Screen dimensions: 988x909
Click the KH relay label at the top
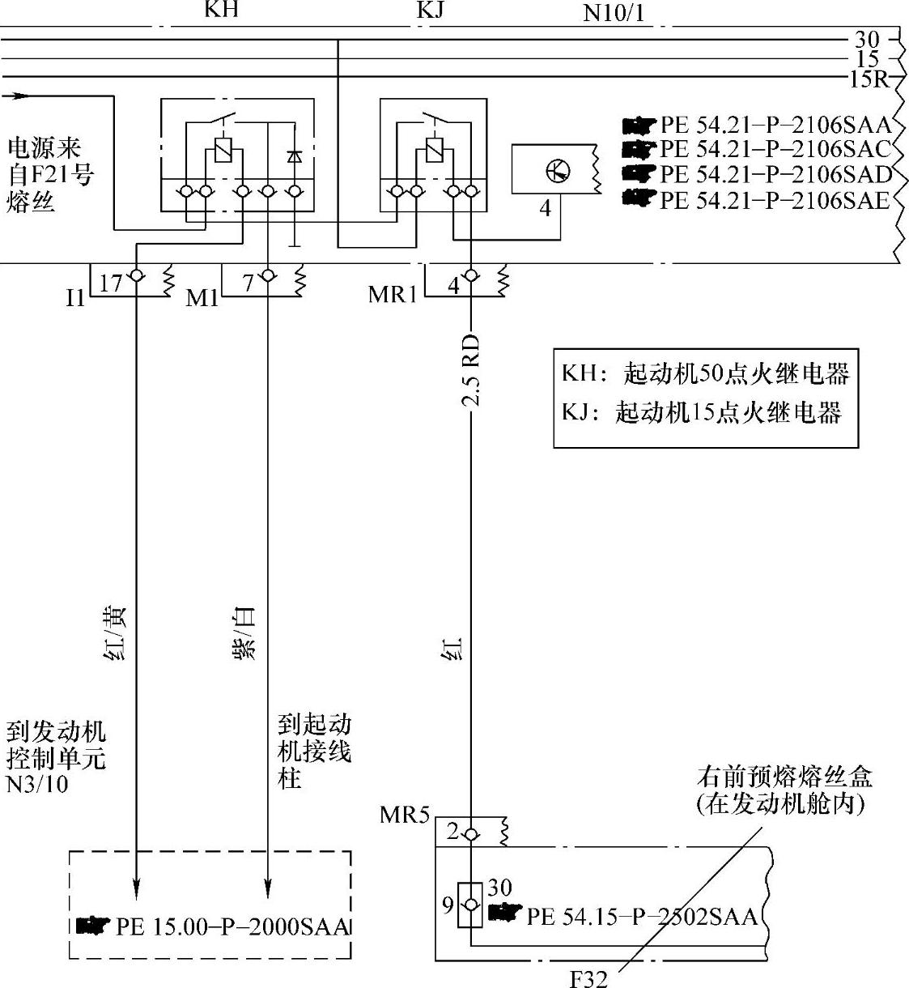pos(221,10)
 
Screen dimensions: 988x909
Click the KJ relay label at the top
pos(431,10)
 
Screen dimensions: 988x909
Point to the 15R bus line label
pos(868,79)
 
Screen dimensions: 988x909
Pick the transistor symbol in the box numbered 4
pos(557,171)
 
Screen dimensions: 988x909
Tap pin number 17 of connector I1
pos(111,283)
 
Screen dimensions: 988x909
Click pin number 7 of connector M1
pos(248,283)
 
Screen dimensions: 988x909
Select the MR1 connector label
pos(393,294)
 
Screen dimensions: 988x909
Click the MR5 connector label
pos(404,815)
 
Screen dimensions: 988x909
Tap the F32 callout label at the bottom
pos(588,979)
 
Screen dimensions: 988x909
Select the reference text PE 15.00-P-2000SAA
pos(231,926)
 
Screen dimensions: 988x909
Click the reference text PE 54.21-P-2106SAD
pos(775,174)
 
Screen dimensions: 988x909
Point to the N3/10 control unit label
pos(37,784)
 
